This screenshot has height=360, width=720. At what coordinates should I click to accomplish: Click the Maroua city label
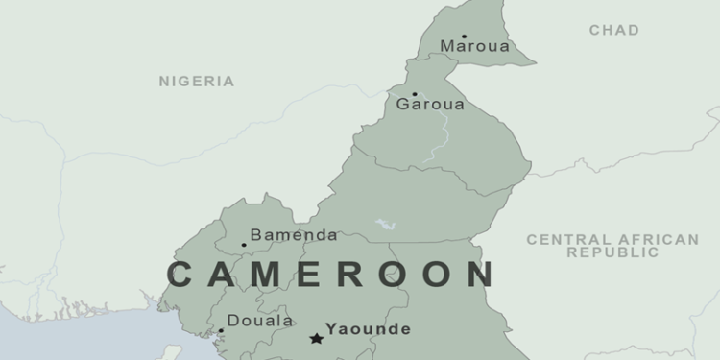click(x=474, y=46)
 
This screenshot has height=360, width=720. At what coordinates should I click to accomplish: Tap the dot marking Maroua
click(x=465, y=36)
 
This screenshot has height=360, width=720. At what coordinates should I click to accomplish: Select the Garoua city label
click(x=430, y=104)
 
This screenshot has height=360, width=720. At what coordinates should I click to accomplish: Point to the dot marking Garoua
click(x=415, y=94)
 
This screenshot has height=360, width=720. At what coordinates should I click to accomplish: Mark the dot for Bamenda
click(x=244, y=245)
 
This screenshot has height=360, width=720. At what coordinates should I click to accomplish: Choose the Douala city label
click(x=260, y=321)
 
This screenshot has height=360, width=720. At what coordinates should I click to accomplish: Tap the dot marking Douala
click(x=221, y=331)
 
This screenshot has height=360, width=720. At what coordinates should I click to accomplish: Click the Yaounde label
click(x=368, y=329)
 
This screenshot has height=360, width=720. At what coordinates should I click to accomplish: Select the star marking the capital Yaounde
click(x=316, y=338)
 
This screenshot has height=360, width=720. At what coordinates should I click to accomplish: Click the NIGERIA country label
click(x=196, y=82)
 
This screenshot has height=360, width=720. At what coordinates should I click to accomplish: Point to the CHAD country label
click(x=613, y=31)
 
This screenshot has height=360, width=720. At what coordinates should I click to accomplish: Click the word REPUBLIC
click(x=612, y=252)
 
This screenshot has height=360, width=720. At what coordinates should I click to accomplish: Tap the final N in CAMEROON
click(x=481, y=275)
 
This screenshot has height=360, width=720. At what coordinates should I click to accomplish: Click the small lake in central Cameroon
click(x=386, y=225)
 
